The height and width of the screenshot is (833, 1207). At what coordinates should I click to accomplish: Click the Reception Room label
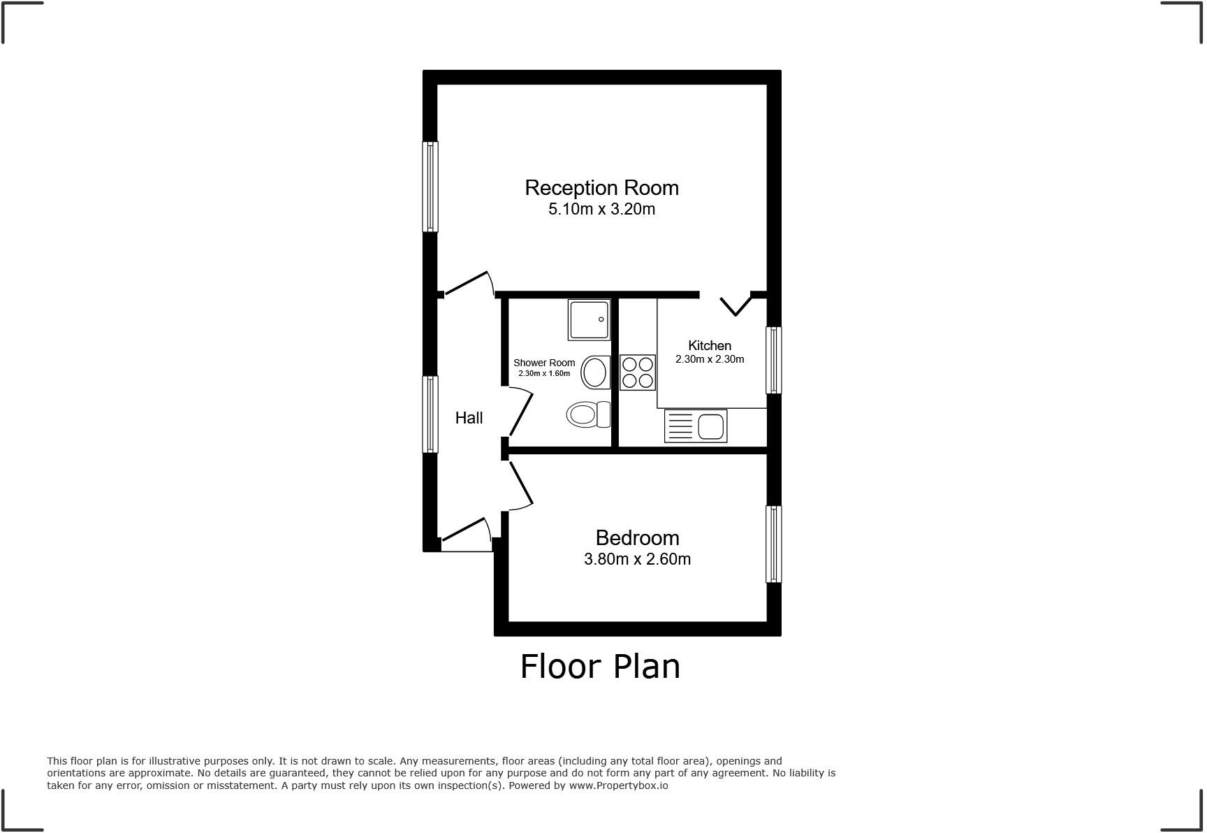[601, 187]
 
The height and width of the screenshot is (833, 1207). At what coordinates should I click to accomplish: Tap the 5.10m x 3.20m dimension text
[601, 209]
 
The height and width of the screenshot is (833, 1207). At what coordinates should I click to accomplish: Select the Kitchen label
[710, 345]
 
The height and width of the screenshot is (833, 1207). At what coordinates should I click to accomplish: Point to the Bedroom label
[637, 537]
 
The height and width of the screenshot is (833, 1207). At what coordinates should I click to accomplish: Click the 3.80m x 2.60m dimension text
[637, 559]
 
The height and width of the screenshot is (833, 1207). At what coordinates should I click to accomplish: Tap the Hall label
[469, 418]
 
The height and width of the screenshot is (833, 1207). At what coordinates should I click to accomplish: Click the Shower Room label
[544, 363]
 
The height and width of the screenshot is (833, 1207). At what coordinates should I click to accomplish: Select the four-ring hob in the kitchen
[638, 372]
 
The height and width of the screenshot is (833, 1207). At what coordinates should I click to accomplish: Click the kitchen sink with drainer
[696, 426]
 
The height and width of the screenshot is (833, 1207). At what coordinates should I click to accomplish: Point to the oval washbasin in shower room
[595, 372]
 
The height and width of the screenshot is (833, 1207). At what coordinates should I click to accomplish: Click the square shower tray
[589, 320]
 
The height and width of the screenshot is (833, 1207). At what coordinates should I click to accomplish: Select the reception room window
[430, 187]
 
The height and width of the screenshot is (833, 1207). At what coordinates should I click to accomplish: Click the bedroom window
[773, 544]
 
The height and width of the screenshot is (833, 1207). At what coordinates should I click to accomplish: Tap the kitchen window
[773, 360]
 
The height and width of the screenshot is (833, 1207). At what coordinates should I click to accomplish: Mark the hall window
[430, 414]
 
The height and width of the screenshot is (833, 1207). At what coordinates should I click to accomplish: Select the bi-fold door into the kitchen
[735, 305]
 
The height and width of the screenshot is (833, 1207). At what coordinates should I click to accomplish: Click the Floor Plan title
[600, 667]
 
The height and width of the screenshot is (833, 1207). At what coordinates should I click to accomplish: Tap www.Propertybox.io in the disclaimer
[618, 785]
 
